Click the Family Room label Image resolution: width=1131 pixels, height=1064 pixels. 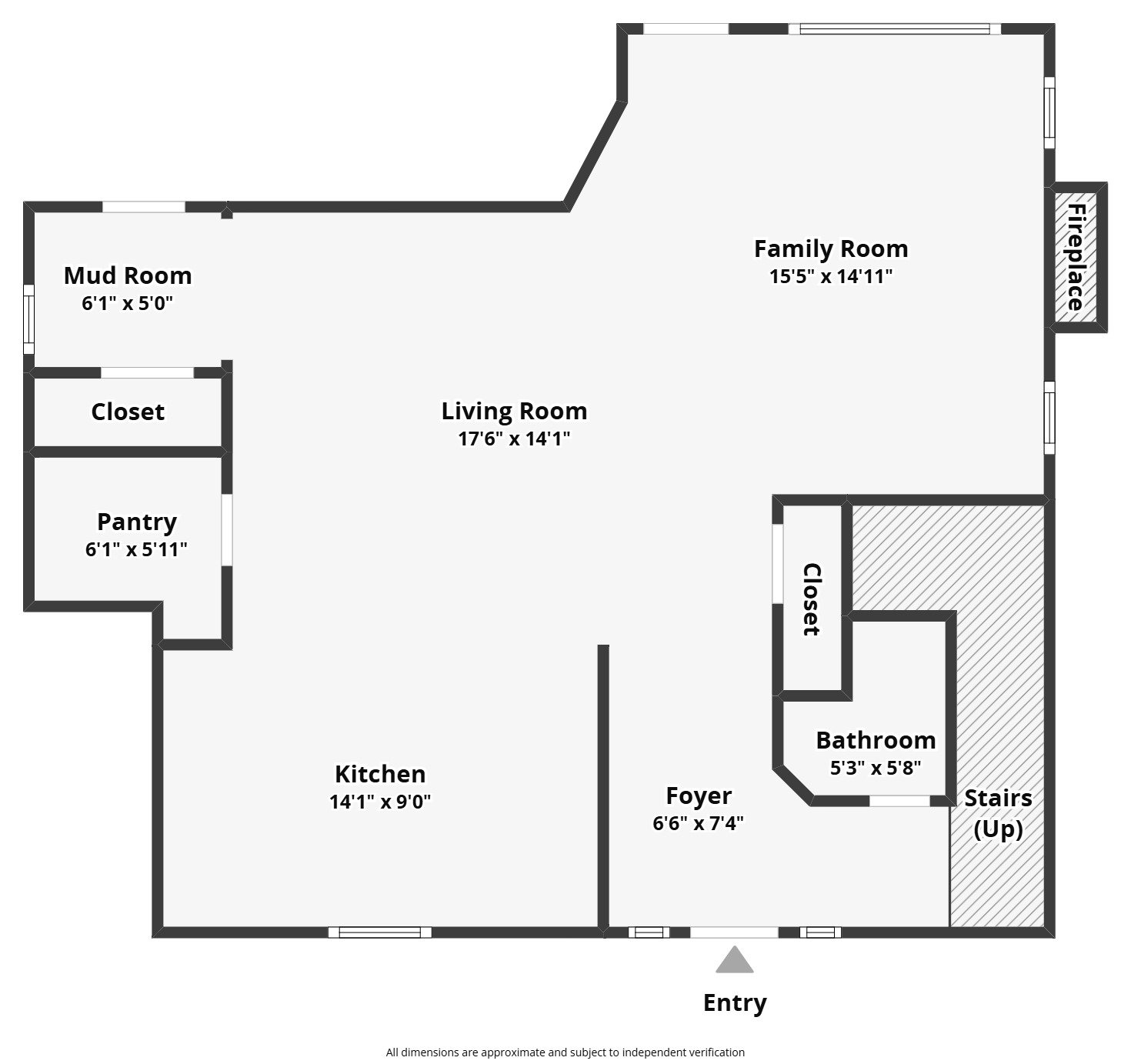(830, 249)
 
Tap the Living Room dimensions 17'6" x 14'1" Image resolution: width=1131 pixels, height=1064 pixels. (514, 439)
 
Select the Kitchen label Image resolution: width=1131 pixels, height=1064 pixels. (380, 774)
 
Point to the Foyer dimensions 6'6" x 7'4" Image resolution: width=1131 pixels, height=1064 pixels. (698, 824)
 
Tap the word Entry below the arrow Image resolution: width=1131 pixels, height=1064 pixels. (735, 1003)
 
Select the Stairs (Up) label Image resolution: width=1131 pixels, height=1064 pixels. (998, 813)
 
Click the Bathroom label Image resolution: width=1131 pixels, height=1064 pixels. (876, 740)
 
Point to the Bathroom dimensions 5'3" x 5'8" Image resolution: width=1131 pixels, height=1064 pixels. (876, 768)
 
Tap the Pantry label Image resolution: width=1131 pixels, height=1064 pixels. (137, 522)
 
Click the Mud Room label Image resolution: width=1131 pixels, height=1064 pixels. (128, 275)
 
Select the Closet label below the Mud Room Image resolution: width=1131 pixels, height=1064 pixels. (128, 412)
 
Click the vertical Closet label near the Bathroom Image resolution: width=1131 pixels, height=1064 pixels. (812, 600)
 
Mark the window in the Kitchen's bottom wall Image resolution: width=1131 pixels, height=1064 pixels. (380, 932)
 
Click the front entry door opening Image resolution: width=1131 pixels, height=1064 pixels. (734, 932)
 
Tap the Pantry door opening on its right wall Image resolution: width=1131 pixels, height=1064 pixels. (227, 530)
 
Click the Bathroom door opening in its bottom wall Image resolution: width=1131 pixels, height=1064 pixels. (899, 801)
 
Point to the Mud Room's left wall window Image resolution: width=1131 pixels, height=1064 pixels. (28, 319)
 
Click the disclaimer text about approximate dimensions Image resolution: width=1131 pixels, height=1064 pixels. (565, 1052)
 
